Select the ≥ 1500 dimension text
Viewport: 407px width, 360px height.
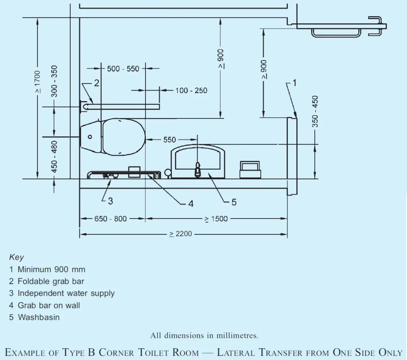click(x=216, y=219)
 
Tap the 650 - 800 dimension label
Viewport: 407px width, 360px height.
click(x=110, y=219)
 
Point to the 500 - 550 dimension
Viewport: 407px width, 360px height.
click(x=123, y=69)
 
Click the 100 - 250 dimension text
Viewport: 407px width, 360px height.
click(x=191, y=91)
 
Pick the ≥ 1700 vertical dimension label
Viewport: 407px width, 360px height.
click(x=37, y=82)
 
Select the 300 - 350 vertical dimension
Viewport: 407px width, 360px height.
click(x=54, y=81)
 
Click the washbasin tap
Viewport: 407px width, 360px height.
click(x=198, y=170)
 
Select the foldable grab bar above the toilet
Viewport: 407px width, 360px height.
click(x=123, y=106)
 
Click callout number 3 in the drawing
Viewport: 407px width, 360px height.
click(x=110, y=201)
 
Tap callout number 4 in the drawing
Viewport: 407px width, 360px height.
click(x=191, y=203)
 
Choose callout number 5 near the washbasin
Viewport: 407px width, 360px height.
click(x=234, y=202)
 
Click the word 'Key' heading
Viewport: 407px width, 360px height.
click(x=16, y=257)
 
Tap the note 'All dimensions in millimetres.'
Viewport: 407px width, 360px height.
click(x=204, y=335)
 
